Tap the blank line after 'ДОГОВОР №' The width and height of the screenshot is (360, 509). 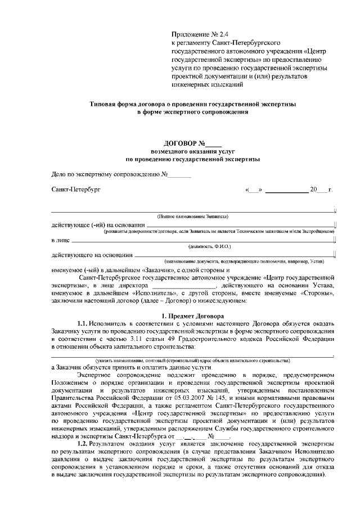pos(214,144)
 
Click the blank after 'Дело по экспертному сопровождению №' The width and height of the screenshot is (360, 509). pos(181,175)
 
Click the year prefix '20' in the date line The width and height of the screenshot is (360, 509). pos(313,190)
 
